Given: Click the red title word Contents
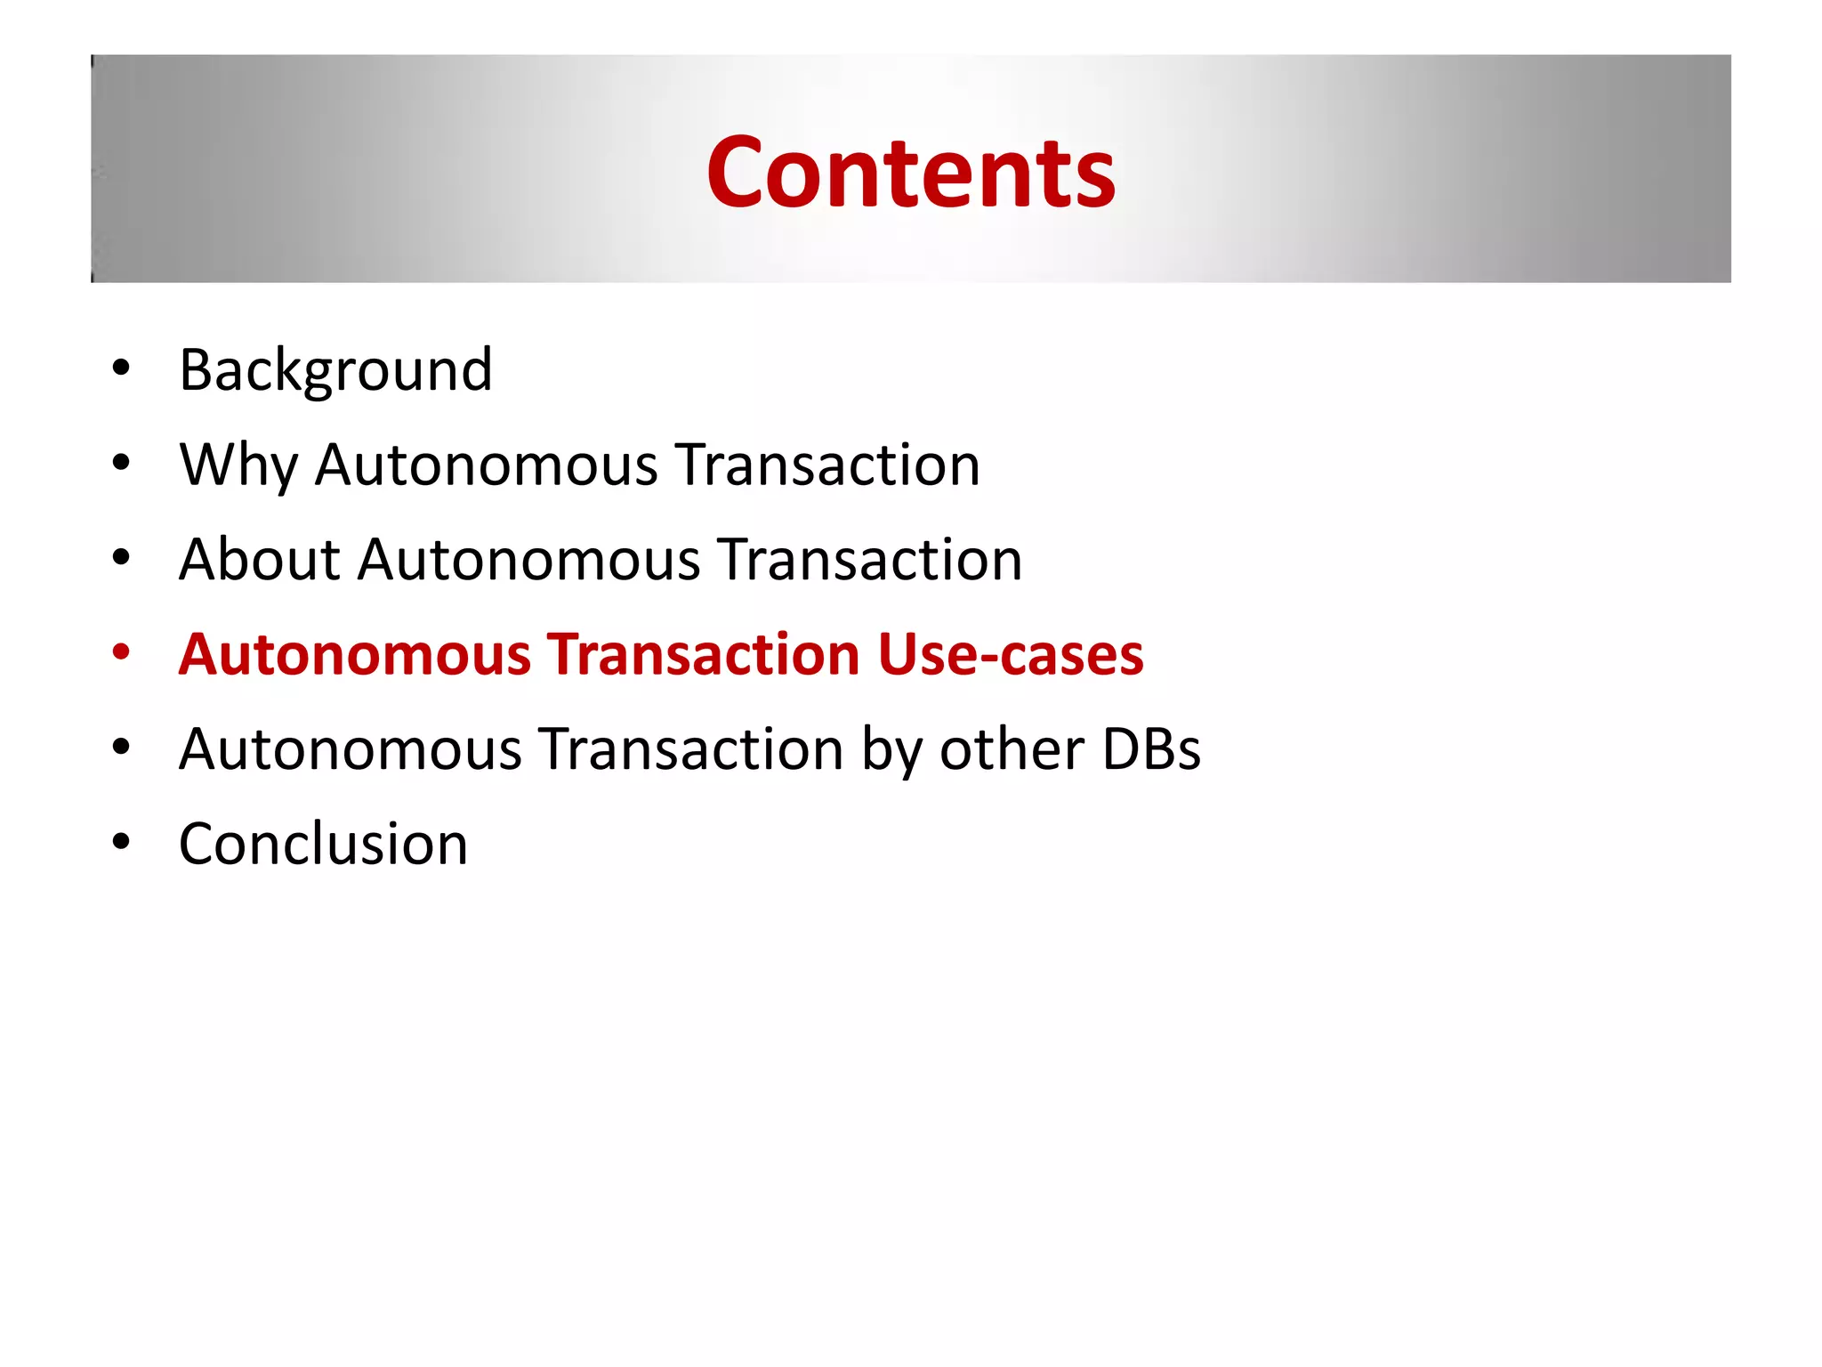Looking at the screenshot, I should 910,173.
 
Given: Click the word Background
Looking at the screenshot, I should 335,370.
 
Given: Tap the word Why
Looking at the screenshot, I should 238,465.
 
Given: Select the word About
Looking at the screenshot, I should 259,560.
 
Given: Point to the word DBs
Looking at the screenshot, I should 1151,749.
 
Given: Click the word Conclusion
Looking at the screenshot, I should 323,844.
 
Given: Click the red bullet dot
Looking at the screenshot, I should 121,651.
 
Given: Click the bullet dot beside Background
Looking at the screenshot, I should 121,367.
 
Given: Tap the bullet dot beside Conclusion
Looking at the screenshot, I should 121,841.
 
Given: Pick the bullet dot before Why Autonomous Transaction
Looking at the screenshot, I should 121,462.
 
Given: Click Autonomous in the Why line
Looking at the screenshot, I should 487,465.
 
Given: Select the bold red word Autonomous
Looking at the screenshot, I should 355,654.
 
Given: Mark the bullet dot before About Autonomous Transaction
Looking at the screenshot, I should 121,557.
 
